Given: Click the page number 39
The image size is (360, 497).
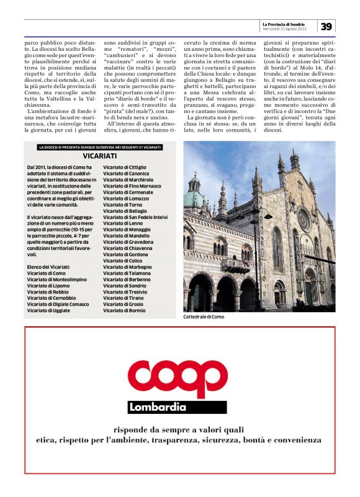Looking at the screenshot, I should click(327, 25).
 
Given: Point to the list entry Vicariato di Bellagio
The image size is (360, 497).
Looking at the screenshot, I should click(122, 211).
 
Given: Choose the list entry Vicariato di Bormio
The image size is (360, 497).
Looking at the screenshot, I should click(121, 310).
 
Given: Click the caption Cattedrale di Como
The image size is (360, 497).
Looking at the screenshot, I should click(203, 317).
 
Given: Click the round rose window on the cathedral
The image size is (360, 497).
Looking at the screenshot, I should click(304, 218).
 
